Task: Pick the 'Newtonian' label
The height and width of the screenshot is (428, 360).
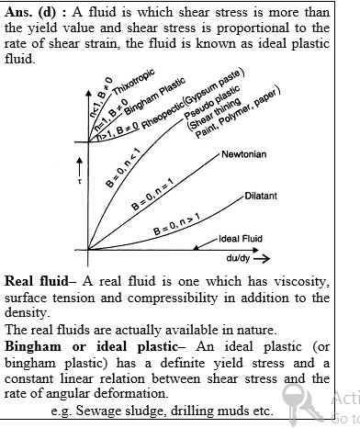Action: (x=243, y=154)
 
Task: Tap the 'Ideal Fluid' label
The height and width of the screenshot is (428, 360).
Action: (x=241, y=238)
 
